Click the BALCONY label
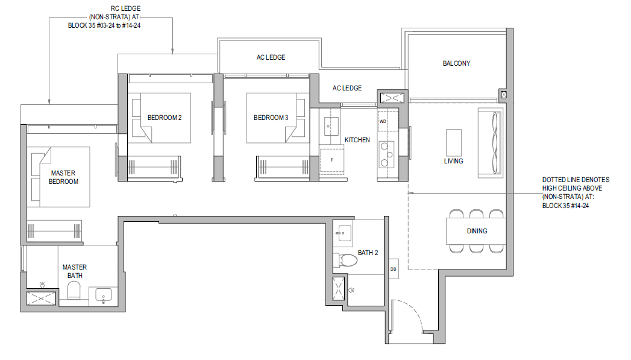point(456,63)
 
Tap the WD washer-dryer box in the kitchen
point(388,121)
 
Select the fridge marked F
point(333,159)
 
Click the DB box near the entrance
point(393,269)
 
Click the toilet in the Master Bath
point(74,290)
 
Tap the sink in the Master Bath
point(104,296)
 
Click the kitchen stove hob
point(386,154)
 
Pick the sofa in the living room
point(490,142)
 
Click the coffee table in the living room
point(454,142)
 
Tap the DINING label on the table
point(477,231)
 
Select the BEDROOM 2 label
point(165,118)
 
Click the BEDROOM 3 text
point(271,118)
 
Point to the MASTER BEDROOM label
point(63,177)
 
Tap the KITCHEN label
point(357,140)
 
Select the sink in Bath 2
point(343,233)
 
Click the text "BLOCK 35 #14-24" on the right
point(565,206)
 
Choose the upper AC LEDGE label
point(271,57)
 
